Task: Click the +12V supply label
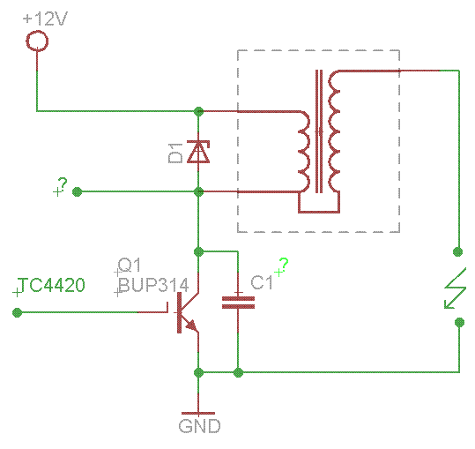click(x=45, y=19)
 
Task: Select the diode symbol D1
click(x=198, y=152)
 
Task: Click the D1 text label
click(x=175, y=153)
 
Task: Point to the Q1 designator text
click(x=130, y=265)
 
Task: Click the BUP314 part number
click(x=153, y=285)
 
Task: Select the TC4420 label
click(x=51, y=285)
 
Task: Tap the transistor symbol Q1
click(x=185, y=312)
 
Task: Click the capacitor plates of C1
click(x=239, y=303)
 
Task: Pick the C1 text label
click(x=262, y=283)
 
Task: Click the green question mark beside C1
click(x=284, y=265)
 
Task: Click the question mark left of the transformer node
click(x=63, y=184)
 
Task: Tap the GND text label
click(x=200, y=426)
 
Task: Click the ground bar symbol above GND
click(x=198, y=413)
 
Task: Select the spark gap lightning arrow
click(x=455, y=288)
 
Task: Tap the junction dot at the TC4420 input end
click(x=18, y=312)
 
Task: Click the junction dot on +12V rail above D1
click(x=198, y=111)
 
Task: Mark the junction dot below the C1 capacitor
click(x=239, y=372)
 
